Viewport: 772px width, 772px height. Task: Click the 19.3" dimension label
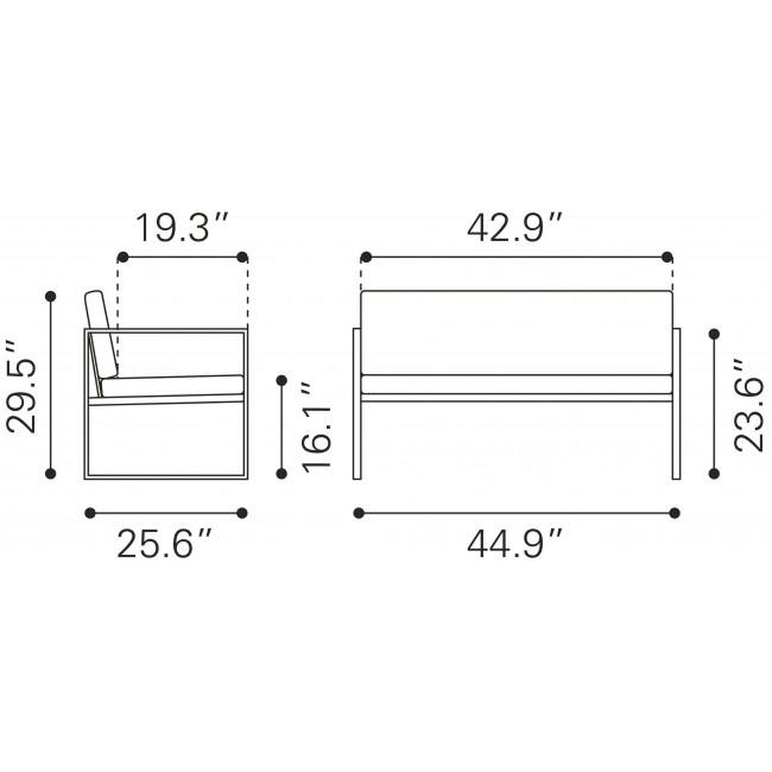pos(183,228)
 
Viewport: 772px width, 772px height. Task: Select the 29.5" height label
pos(22,387)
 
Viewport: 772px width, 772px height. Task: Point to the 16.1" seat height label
pos(316,425)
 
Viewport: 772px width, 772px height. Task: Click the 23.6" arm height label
pos(748,405)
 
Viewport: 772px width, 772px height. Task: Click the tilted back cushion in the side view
pos(102,334)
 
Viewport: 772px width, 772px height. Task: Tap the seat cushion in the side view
pos(172,385)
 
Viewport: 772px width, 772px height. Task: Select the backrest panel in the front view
pos(516,333)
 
